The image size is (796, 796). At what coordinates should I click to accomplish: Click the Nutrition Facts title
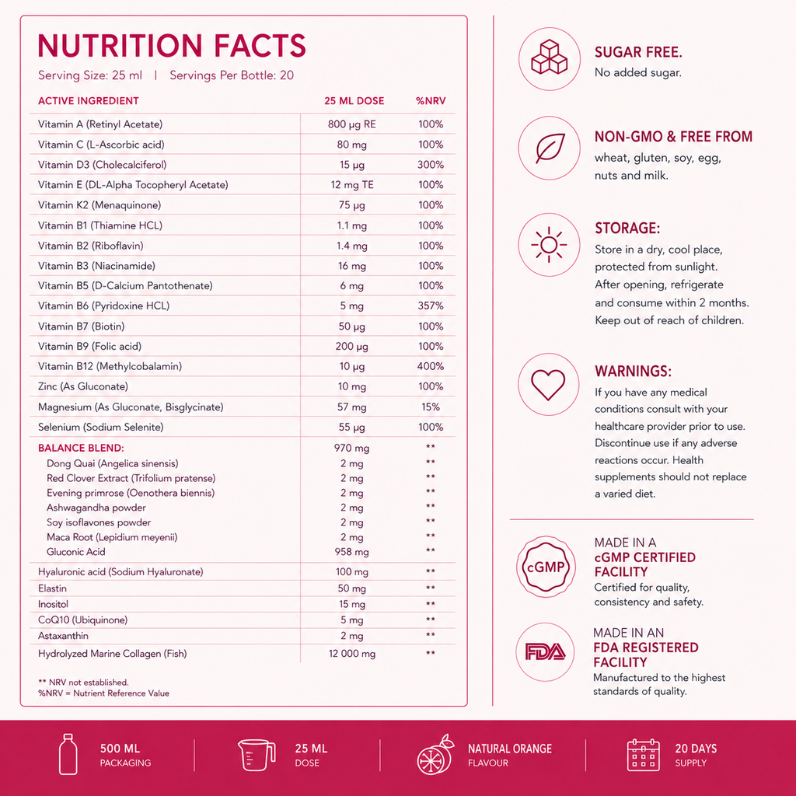coord(172,46)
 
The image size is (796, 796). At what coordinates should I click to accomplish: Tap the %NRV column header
coord(431,101)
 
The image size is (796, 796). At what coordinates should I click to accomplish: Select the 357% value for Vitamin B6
coord(431,305)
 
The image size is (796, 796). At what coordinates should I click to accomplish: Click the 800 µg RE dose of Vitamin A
coord(352,124)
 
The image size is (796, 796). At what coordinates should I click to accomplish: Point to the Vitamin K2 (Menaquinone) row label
coord(99,205)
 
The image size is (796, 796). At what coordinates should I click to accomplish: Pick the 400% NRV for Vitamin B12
coord(431,366)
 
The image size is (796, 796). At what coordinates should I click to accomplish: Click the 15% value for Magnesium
coord(431,407)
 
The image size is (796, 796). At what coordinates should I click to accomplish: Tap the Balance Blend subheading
coord(81,448)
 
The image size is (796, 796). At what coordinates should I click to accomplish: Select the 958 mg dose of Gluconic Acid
coord(352,552)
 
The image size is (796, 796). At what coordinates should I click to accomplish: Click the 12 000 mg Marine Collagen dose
coord(352,654)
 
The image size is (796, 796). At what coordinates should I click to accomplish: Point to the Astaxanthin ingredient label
coord(63,636)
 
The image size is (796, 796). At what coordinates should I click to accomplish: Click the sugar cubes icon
coord(550,58)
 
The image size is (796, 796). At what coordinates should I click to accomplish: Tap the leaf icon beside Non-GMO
coord(550,148)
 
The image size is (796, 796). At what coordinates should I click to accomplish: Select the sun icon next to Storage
coord(549,245)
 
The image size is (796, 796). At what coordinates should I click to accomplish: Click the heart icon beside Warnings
coord(548,384)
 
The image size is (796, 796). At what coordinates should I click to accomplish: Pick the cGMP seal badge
coord(546,567)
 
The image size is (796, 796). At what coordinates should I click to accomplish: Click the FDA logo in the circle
coord(545,652)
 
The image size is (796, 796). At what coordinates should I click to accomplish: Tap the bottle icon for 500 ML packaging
coord(68,754)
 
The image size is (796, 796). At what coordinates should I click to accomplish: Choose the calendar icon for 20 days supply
coord(643,754)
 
